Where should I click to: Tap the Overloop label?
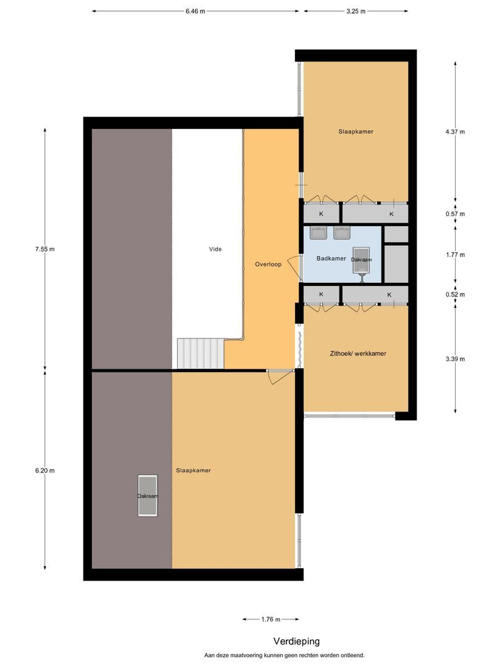(x=268, y=264)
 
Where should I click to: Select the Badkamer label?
(x=331, y=259)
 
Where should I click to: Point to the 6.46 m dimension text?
(x=195, y=11)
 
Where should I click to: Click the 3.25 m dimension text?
(x=356, y=11)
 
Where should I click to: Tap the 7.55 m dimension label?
(x=45, y=250)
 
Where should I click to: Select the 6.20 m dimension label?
(x=45, y=471)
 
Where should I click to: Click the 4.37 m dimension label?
(x=455, y=131)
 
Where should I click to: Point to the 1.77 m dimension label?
(x=455, y=254)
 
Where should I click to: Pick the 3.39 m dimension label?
(x=455, y=359)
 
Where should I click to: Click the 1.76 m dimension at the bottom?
(x=270, y=619)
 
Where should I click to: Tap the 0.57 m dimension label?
(x=455, y=214)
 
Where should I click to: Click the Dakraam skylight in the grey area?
(x=148, y=495)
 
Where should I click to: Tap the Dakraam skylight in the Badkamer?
(x=361, y=260)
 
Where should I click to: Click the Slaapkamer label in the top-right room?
(x=356, y=132)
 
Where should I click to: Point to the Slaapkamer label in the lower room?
(x=193, y=471)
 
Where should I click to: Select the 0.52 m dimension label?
(x=455, y=295)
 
